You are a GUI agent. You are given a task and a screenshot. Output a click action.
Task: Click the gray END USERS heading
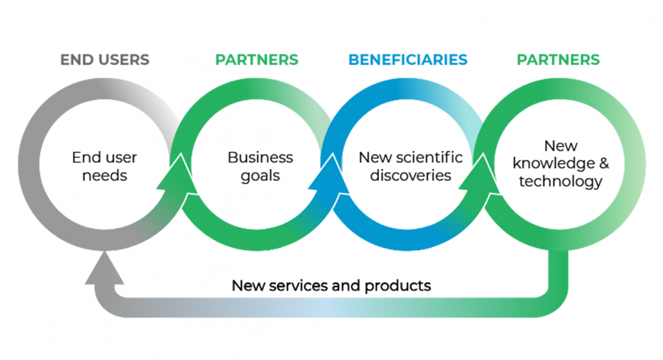pos(104,60)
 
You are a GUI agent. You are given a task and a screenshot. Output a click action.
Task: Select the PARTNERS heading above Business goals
pos(256,60)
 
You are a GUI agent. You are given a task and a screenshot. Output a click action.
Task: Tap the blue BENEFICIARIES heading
pos(407,60)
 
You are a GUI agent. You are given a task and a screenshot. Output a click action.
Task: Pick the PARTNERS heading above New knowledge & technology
pos(558,60)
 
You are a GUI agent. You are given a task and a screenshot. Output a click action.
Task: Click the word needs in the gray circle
pos(104,176)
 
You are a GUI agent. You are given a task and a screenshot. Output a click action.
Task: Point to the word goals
pos(260,176)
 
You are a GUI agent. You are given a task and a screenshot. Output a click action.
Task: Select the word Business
pos(260,158)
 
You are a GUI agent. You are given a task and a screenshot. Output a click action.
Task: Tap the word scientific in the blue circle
pos(433,158)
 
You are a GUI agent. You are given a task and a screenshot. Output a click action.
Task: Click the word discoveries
pos(410,176)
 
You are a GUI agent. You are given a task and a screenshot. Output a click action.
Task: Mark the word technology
pos(561,182)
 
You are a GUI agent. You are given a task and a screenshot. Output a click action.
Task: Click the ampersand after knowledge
pos(603,164)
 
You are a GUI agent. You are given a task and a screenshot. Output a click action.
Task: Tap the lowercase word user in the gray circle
pos(116,158)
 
